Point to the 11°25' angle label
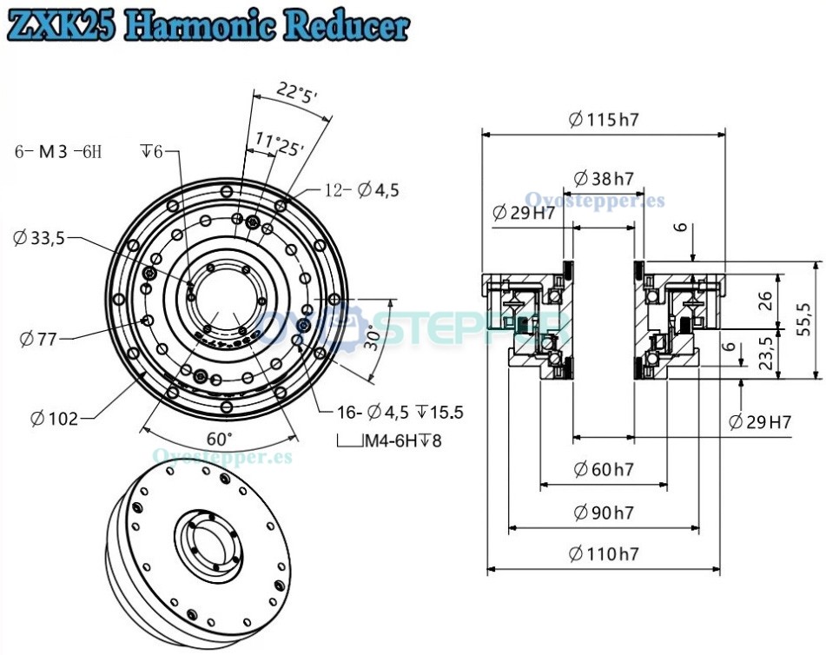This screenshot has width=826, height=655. (x=280, y=143)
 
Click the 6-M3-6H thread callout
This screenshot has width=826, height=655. (x=58, y=152)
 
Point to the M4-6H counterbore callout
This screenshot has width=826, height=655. (x=390, y=440)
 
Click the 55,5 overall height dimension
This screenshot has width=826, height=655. (x=803, y=320)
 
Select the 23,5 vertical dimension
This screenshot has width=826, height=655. (x=765, y=352)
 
